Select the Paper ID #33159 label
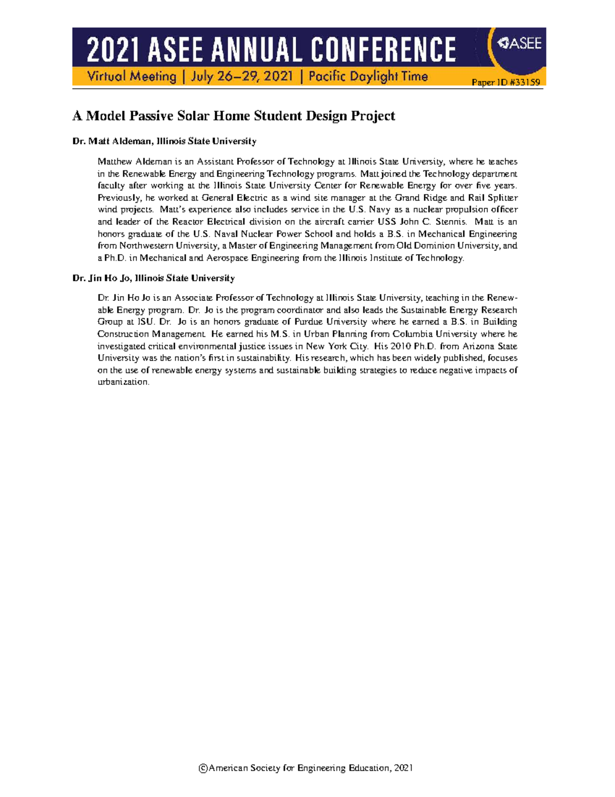(505, 82)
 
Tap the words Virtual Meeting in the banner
(132, 76)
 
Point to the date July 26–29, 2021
(242, 76)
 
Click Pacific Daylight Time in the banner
(368, 76)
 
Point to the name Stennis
(450, 222)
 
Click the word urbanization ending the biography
(122, 382)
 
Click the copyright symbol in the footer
(203, 768)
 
